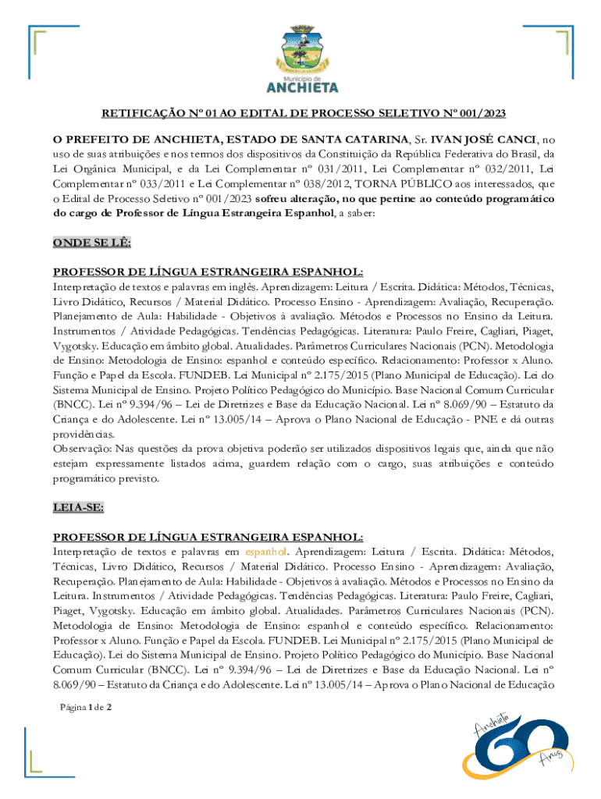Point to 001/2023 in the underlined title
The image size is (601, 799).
click(478, 114)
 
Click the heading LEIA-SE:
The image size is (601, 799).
click(77, 507)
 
